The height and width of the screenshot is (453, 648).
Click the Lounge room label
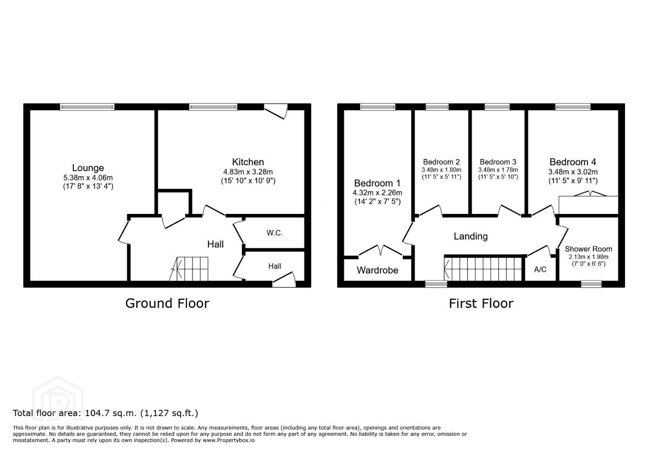coord(88,168)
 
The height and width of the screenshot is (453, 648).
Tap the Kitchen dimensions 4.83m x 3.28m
coord(248,172)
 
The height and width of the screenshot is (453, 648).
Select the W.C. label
coord(274,233)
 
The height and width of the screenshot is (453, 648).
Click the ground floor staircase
coord(188,269)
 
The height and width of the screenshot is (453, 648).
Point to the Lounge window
coord(87,107)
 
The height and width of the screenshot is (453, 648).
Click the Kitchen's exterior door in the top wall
coord(276,111)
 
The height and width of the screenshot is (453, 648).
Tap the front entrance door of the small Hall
coord(284,279)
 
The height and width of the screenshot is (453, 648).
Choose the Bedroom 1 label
coord(377,183)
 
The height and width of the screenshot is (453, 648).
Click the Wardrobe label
coord(378,270)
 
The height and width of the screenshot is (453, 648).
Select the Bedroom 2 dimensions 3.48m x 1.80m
coord(442,170)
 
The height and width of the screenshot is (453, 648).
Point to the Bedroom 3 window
coord(497,107)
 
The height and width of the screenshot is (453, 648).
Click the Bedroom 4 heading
coord(573,162)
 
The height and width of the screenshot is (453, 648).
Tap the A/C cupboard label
coord(541,270)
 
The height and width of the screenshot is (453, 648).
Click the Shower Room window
coord(591,284)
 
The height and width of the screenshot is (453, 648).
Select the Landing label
coord(470,237)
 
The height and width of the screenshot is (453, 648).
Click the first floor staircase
coord(483,269)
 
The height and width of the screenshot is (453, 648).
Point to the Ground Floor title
coord(167,304)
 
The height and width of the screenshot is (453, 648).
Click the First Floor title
coord(481,304)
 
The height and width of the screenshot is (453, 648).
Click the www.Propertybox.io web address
coord(229,440)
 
